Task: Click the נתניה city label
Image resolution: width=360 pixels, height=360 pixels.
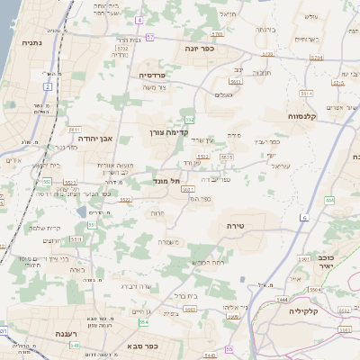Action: tap(31, 42)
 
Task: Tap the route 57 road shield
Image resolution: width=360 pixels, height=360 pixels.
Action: tap(151, 37)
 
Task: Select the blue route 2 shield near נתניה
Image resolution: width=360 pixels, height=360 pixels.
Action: tap(46, 85)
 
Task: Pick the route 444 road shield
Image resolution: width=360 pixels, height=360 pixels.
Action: tap(329, 200)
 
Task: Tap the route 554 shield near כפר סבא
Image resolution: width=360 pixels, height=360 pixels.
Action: tap(143, 322)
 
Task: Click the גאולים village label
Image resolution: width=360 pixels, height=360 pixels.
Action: tap(225, 94)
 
